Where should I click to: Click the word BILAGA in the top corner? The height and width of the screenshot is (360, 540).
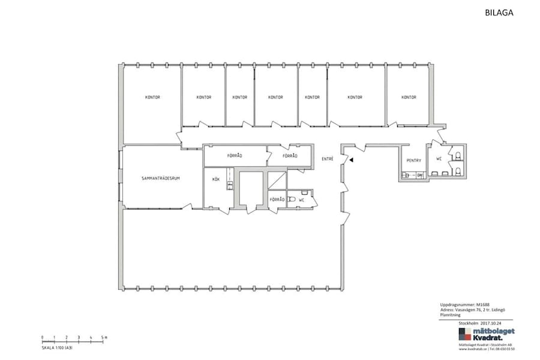[499, 11]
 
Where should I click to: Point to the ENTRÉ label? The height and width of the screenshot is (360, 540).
[328, 159]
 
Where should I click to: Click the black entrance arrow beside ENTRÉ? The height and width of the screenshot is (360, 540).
[352, 160]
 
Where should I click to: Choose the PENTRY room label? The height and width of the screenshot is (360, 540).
[413, 160]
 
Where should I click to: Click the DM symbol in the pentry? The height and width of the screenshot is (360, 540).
[419, 175]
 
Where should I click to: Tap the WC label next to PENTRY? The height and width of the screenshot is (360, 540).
[439, 160]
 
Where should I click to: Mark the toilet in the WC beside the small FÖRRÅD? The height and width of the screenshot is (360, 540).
[292, 199]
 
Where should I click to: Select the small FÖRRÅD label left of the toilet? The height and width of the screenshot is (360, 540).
[277, 199]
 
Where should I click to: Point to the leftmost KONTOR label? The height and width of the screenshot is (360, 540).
[152, 97]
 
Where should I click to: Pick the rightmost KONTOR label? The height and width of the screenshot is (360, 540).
[409, 97]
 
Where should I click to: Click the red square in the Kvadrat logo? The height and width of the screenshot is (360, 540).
[463, 332]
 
